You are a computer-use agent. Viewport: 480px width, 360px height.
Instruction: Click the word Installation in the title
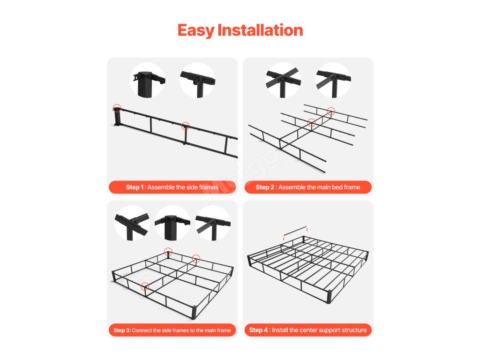click(x=260, y=30)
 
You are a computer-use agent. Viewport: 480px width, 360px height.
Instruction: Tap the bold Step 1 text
click(x=135, y=187)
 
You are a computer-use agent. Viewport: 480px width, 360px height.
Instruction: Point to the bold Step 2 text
click(x=265, y=187)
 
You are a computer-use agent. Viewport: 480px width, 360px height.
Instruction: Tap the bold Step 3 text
click(x=122, y=330)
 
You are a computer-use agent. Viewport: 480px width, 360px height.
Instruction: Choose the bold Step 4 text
click(x=258, y=330)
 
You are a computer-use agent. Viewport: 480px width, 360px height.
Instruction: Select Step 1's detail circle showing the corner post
click(x=148, y=81)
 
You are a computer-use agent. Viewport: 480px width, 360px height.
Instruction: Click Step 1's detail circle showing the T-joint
click(x=197, y=81)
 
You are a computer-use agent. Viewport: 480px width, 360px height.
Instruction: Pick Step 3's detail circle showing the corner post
click(x=172, y=223)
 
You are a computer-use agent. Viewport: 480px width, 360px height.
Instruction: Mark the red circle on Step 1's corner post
click(x=117, y=108)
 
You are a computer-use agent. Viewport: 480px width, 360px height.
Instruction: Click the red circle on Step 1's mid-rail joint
click(x=186, y=126)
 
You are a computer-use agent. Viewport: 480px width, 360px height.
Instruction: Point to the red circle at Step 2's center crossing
click(x=311, y=123)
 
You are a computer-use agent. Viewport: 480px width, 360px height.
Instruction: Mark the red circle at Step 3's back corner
click(x=168, y=252)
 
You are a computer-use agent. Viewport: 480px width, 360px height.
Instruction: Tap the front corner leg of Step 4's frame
click(x=329, y=296)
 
